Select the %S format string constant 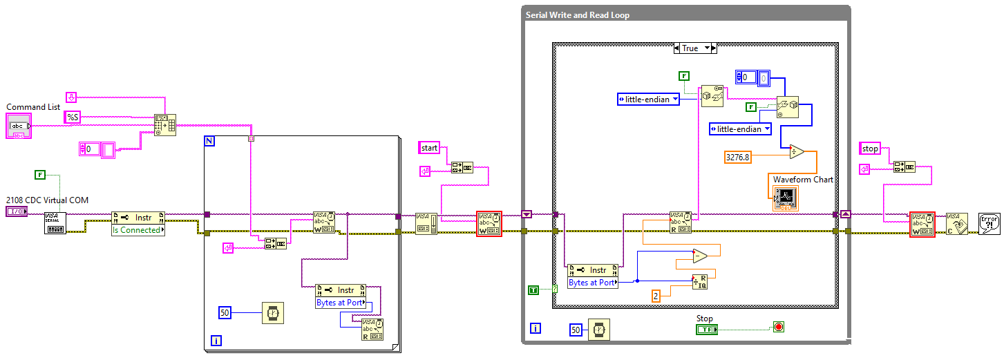point(73,117)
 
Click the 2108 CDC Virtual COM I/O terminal point(17,211)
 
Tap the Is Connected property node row point(138,230)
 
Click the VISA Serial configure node point(55,222)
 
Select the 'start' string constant point(429,147)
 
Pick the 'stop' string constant point(870,148)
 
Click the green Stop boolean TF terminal point(706,330)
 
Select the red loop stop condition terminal point(779,327)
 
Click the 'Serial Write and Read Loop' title point(577,15)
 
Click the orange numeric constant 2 point(656,296)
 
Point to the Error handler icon point(989,223)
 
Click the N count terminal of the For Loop point(210,141)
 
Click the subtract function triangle point(700,256)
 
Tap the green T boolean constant point(533,290)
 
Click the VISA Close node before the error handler point(956,223)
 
